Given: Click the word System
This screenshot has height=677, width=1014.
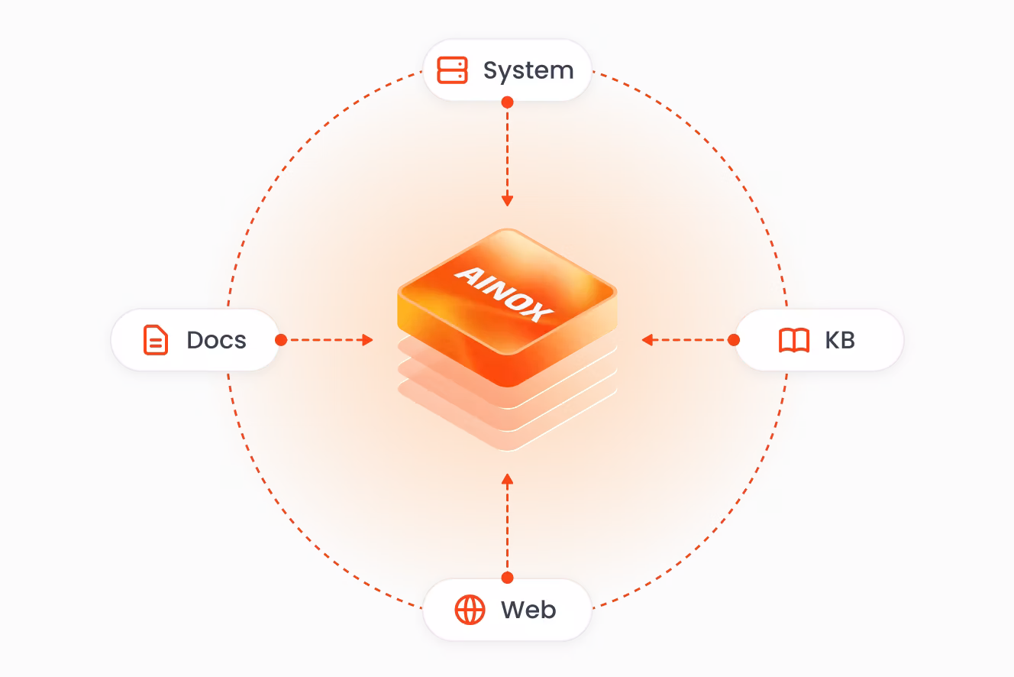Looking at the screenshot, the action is pyautogui.click(x=528, y=72).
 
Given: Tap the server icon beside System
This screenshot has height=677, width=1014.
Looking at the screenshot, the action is pyautogui.click(x=452, y=70).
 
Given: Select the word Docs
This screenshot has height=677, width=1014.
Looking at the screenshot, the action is pyautogui.click(x=216, y=340).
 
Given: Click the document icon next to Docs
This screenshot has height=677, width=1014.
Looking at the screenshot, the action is pyautogui.click(x=156, y=340).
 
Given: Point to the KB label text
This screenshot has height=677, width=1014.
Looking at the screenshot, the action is pyautogui.click(x=840, y=340).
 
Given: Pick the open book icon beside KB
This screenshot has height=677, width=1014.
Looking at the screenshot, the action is pyautogui.click(x=794, y=340).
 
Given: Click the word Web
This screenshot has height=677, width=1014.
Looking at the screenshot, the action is pyautogui.click(x=528, y=610).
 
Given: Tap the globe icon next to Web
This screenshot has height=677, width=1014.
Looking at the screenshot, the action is pyautogui.click(x=470, y=610).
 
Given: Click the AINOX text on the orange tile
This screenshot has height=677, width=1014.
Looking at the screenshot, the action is pyautogui.click(x=504, y=294).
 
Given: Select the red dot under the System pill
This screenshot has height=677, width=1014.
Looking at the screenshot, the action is pyautogui.click(x=508, y=102).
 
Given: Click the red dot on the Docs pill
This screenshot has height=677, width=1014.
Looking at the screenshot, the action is pyautogui.click(x=281, y=340).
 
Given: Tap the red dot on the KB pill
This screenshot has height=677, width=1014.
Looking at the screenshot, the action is pyautogui.click(x=734, y=340).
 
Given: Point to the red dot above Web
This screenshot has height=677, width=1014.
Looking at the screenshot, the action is pyautogui.click(x=508, y=578).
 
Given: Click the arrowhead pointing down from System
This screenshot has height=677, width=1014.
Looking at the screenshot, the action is pyautogui.click(x=508, y=201).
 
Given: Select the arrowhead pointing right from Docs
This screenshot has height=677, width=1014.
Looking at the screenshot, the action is pyautogui.click(x=367, y=340).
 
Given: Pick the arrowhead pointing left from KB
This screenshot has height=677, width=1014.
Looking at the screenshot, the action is pyautogui.click(x=647, y=340).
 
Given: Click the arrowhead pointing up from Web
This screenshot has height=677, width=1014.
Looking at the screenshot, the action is pyautogui.click(x=508, y=479).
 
